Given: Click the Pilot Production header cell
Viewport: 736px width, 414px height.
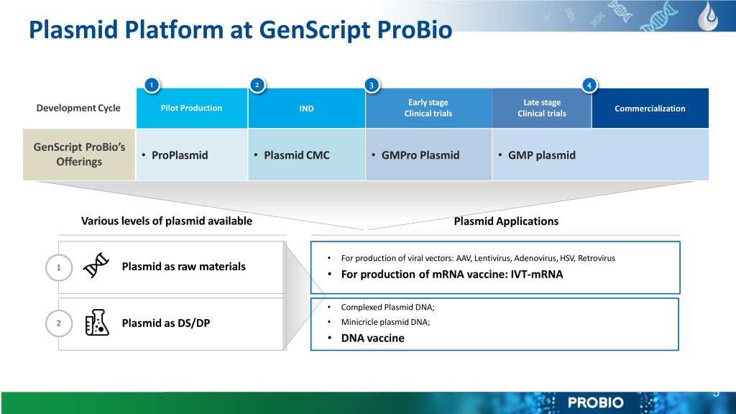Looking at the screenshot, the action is click(191, 108).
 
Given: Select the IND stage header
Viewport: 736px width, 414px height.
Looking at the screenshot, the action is click(306, 108).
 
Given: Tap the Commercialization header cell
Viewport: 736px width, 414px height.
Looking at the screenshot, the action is click(650, 108).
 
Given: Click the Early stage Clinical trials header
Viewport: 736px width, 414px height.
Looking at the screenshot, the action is click(428, 108).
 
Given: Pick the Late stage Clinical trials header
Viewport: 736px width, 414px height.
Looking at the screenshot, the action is click(542, 108).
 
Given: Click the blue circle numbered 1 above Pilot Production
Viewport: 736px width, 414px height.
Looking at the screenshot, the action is click(152, 85).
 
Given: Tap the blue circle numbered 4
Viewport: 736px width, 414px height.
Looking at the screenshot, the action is click(589, 85).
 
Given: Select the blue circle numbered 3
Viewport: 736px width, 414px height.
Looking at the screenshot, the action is click(372, 85).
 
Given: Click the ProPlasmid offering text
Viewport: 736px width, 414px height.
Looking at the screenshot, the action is click(180, 155).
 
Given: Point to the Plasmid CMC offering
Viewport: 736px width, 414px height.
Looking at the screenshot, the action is click(297, 155).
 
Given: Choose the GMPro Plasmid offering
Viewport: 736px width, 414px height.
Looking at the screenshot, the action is click(420, 155).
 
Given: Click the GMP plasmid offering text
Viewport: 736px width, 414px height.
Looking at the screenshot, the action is click(542, 155).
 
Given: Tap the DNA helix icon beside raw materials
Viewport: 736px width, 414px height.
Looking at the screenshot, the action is click(96, 265).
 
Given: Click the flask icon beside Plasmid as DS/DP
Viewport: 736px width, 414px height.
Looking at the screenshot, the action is click(97, 323).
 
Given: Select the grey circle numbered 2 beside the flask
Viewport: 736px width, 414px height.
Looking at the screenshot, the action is click(59, 323).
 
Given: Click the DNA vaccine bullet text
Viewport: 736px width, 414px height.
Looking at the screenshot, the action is click(373, 338).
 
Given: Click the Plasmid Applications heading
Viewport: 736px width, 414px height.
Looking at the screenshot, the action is click(506, 221).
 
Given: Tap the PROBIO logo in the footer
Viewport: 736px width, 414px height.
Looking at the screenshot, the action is click(596, 402).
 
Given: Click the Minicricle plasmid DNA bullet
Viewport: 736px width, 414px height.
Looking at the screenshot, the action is click(385, 322).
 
